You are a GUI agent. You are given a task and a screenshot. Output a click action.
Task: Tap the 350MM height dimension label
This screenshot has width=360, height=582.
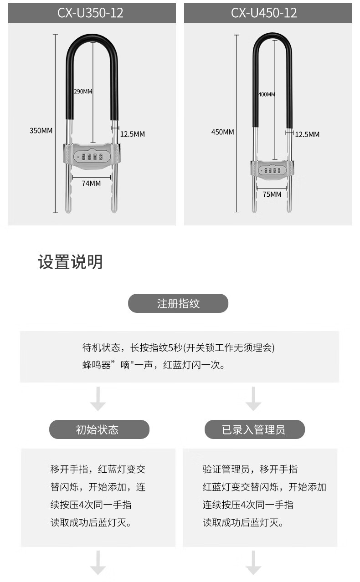click(41, 131)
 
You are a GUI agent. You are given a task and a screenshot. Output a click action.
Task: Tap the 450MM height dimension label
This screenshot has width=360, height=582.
click(222, 132)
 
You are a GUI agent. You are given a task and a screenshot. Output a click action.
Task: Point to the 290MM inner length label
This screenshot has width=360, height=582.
click(83, 92)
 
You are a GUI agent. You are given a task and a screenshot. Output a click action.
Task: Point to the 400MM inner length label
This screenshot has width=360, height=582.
click(267, 94)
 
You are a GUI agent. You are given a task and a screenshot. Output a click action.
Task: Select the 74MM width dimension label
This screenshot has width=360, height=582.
click(91, 184)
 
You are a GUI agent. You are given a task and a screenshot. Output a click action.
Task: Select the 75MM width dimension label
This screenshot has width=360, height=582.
click(272, 194)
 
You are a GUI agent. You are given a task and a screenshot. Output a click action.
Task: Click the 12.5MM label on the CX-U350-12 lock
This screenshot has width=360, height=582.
click(132, 134)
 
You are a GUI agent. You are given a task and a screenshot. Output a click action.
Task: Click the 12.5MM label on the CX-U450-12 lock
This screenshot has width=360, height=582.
click(307, 134)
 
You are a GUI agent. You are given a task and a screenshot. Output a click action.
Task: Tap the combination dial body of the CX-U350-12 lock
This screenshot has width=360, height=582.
click(91, 156)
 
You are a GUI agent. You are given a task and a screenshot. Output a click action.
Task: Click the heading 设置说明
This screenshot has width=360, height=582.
click(70, 262)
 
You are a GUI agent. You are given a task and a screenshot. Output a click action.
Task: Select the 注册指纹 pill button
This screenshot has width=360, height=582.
click(178, 303)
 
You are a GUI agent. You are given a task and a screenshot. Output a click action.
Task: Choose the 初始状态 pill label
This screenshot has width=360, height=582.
click(99, 429)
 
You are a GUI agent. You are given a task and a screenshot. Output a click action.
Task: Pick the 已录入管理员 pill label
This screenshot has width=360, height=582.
click(254, 429)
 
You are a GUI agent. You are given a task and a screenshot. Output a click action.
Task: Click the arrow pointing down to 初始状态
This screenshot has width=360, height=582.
click(98, 399)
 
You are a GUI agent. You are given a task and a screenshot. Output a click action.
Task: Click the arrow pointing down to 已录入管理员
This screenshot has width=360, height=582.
click(253, 399)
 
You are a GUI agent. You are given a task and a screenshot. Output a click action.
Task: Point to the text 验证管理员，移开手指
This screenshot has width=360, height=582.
click(250, 469)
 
